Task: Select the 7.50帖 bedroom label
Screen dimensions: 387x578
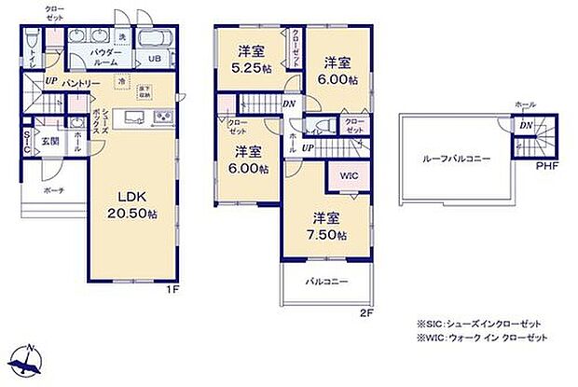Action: (328, 227)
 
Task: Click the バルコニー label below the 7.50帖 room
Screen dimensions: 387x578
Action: (324, 281)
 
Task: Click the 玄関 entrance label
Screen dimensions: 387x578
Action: (50, 141)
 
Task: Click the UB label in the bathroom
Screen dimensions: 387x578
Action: (157, 57)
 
